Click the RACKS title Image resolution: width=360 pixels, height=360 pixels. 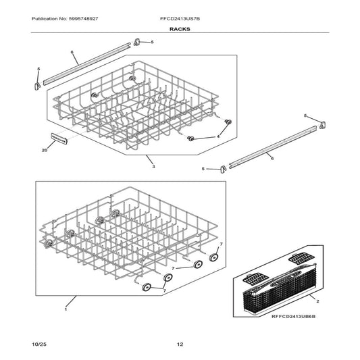click(180, 30)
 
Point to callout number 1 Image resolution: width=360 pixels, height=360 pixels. click(66, 309)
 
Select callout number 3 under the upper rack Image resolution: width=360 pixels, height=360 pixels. click(153, 166)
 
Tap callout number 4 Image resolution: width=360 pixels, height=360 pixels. click(217, 136)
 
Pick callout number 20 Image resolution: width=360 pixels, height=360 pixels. click(44, 150)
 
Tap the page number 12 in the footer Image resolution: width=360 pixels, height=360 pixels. click(180, 345)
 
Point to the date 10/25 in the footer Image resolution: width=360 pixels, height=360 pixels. click(40, 345)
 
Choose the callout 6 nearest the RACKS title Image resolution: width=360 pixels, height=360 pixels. click(72, 52)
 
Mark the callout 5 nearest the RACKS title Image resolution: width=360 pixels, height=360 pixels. click(151, 42)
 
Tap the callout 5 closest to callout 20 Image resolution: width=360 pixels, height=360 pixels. click(38, 69)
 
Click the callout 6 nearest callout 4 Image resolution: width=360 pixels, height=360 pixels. click(272, 157)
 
